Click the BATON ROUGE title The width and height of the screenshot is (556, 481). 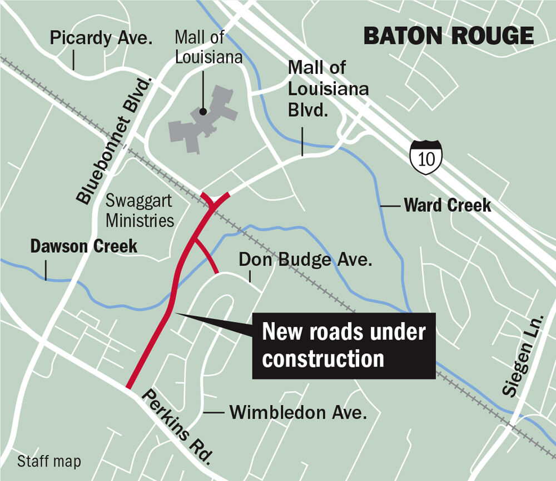448,36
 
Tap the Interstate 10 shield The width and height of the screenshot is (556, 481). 426,157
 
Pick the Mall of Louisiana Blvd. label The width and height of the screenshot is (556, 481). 325,89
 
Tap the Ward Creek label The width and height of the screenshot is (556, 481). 448,206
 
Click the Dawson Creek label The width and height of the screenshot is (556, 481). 83,246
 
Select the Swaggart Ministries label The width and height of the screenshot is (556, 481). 140,211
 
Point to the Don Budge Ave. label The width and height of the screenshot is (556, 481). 305,259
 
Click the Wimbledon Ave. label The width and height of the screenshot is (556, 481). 299,413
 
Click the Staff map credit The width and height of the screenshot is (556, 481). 49,461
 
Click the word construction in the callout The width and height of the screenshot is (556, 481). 323,359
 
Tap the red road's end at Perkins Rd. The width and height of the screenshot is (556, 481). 129,386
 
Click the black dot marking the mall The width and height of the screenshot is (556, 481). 203,112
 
